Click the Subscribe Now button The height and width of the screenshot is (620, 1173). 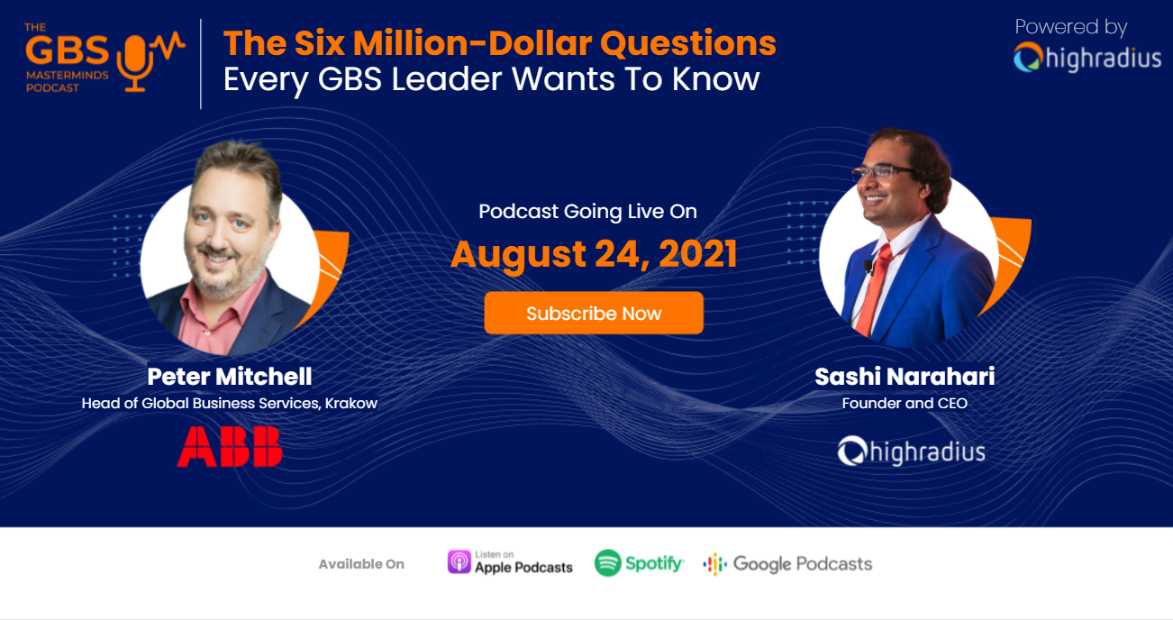click(x=594, y=314)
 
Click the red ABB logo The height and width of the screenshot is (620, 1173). click(x=230, y=447)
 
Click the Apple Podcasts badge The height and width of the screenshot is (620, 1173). click(x=510, y=562)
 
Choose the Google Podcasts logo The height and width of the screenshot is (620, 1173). click(x=787, y=564)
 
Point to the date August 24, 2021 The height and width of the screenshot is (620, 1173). click(x=594, y=254)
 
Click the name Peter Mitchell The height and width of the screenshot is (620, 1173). click(x=230, y=376)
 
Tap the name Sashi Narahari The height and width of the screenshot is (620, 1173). click(x=905, y=376)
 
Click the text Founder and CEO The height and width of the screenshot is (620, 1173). click(x=905, y=403)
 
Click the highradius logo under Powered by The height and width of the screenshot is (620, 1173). click(x=1087, y=59)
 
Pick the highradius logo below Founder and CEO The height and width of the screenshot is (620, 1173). click(x=911, y=451)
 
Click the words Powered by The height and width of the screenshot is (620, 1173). click(x=1070, y=27)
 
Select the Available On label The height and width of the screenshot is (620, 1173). click(x=361, y=564)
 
